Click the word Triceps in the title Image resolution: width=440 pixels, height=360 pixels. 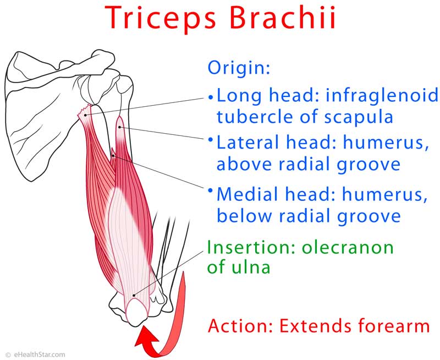click(161, 18)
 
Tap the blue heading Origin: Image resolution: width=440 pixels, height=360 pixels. click(239, 68)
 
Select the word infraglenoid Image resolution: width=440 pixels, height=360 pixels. click(382, 95)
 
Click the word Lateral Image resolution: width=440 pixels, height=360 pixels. click(249, 143)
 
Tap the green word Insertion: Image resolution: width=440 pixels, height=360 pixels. click(251, 247)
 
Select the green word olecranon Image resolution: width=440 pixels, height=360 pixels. click(348, 247)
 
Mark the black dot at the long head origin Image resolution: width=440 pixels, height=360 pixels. click(85, 115)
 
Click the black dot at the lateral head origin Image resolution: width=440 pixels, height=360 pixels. click(119, 127)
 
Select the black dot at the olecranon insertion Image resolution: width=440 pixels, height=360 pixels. click(134, 295)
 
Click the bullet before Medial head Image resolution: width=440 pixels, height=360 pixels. click(210, 190)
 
